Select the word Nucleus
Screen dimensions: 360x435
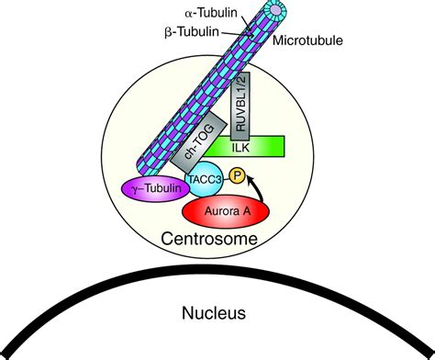pos(214,313)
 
